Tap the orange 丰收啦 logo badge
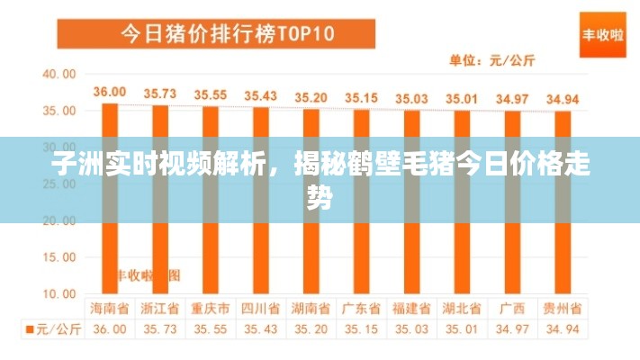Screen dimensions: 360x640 [x=602, y=35]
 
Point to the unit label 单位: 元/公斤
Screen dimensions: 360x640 [x=491, y=61]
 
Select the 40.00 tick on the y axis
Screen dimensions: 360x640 [x=60, y=74]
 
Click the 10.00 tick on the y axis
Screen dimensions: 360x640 [x=60, y=293]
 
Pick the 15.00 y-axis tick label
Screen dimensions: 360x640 [x=60, y=256]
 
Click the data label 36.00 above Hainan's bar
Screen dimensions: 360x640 [x=110, y=91]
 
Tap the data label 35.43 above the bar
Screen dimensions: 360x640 [x=261, y=94]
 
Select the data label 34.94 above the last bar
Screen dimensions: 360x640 [x=563, y=99]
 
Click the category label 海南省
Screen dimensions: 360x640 [x=110, y=308]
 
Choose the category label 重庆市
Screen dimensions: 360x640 [x=211, y=308]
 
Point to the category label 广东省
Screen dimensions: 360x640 [x=361, y=308]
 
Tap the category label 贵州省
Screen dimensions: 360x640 [x=563, y=308]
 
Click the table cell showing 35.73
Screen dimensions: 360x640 [x=160, y=329]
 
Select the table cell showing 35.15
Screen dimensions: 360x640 [x=361, y=329]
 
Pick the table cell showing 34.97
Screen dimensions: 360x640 [x=512, y=329]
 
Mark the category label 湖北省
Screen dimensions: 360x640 [x=462, y=308]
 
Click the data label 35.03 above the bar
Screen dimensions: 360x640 [x=411, y=97]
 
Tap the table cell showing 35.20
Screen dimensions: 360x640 [x=311, y=329]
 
